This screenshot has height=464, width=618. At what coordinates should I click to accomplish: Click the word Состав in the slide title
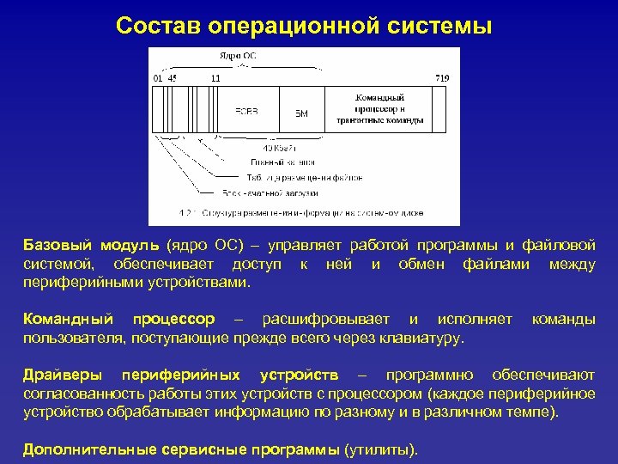pyautogui.click(x=156, y=26)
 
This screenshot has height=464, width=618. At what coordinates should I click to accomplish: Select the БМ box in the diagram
pyautogui.click(x=301, y=113)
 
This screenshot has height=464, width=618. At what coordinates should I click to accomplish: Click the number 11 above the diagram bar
pyautogui.click(x=215, y=78)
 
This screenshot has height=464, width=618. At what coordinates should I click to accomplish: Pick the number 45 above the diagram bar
pyautogui.click(x=173, y=78)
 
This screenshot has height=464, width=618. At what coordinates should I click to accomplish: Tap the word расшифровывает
pyautogui.click(x=325, y=320)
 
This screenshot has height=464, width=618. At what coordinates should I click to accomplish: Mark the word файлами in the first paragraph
pyautogui.click(x=494, y=264)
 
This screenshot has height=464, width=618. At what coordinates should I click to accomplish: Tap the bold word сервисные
pyautogui.click(x=207, y=449)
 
